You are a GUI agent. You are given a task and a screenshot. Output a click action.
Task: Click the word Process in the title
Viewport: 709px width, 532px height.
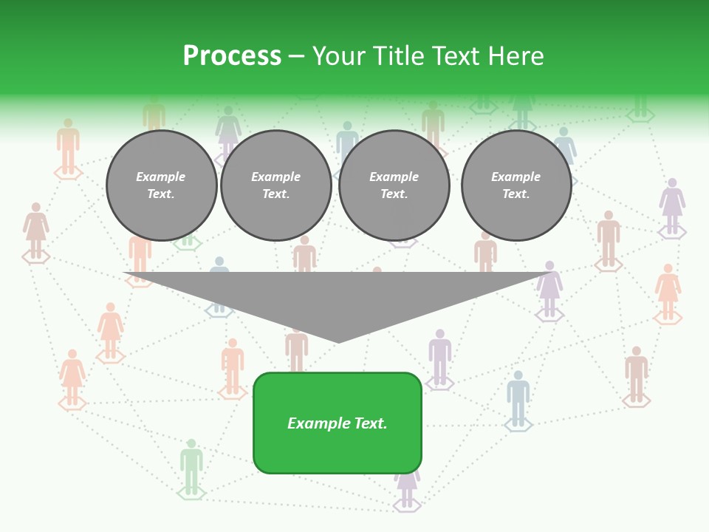point(232,56)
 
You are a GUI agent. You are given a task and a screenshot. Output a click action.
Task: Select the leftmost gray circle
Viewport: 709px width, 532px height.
point(162,185)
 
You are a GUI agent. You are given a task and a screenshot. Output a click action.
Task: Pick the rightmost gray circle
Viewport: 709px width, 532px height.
point(516,185)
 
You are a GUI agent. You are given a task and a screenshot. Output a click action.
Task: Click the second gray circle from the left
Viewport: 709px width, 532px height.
point(276,185)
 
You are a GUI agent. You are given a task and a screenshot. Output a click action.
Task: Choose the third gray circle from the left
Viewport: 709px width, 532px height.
point(394,185)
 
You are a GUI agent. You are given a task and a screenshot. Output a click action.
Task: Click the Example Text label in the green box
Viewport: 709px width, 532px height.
point(338,423)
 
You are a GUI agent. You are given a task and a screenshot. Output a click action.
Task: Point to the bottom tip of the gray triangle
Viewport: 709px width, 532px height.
point(338,341)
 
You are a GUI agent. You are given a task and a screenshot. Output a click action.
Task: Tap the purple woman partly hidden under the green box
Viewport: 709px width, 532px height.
point(407,487)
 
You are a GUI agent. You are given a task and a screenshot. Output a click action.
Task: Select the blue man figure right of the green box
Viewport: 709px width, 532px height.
point(518,398)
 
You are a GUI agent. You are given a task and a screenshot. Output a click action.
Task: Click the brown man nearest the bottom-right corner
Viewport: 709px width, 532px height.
point(637,374)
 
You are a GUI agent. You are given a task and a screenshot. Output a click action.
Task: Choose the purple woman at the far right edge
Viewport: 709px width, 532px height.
point(672,206)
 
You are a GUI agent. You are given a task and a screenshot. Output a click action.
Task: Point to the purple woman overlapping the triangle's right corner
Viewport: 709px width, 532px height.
point(549,289)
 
